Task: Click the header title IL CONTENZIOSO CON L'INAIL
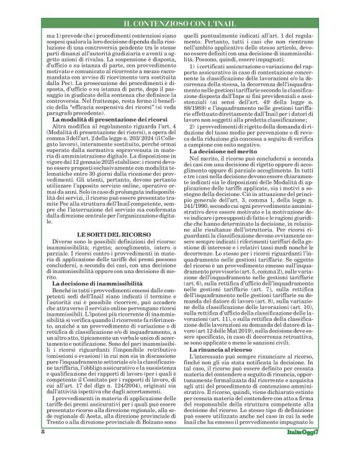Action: coord(179,25)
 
